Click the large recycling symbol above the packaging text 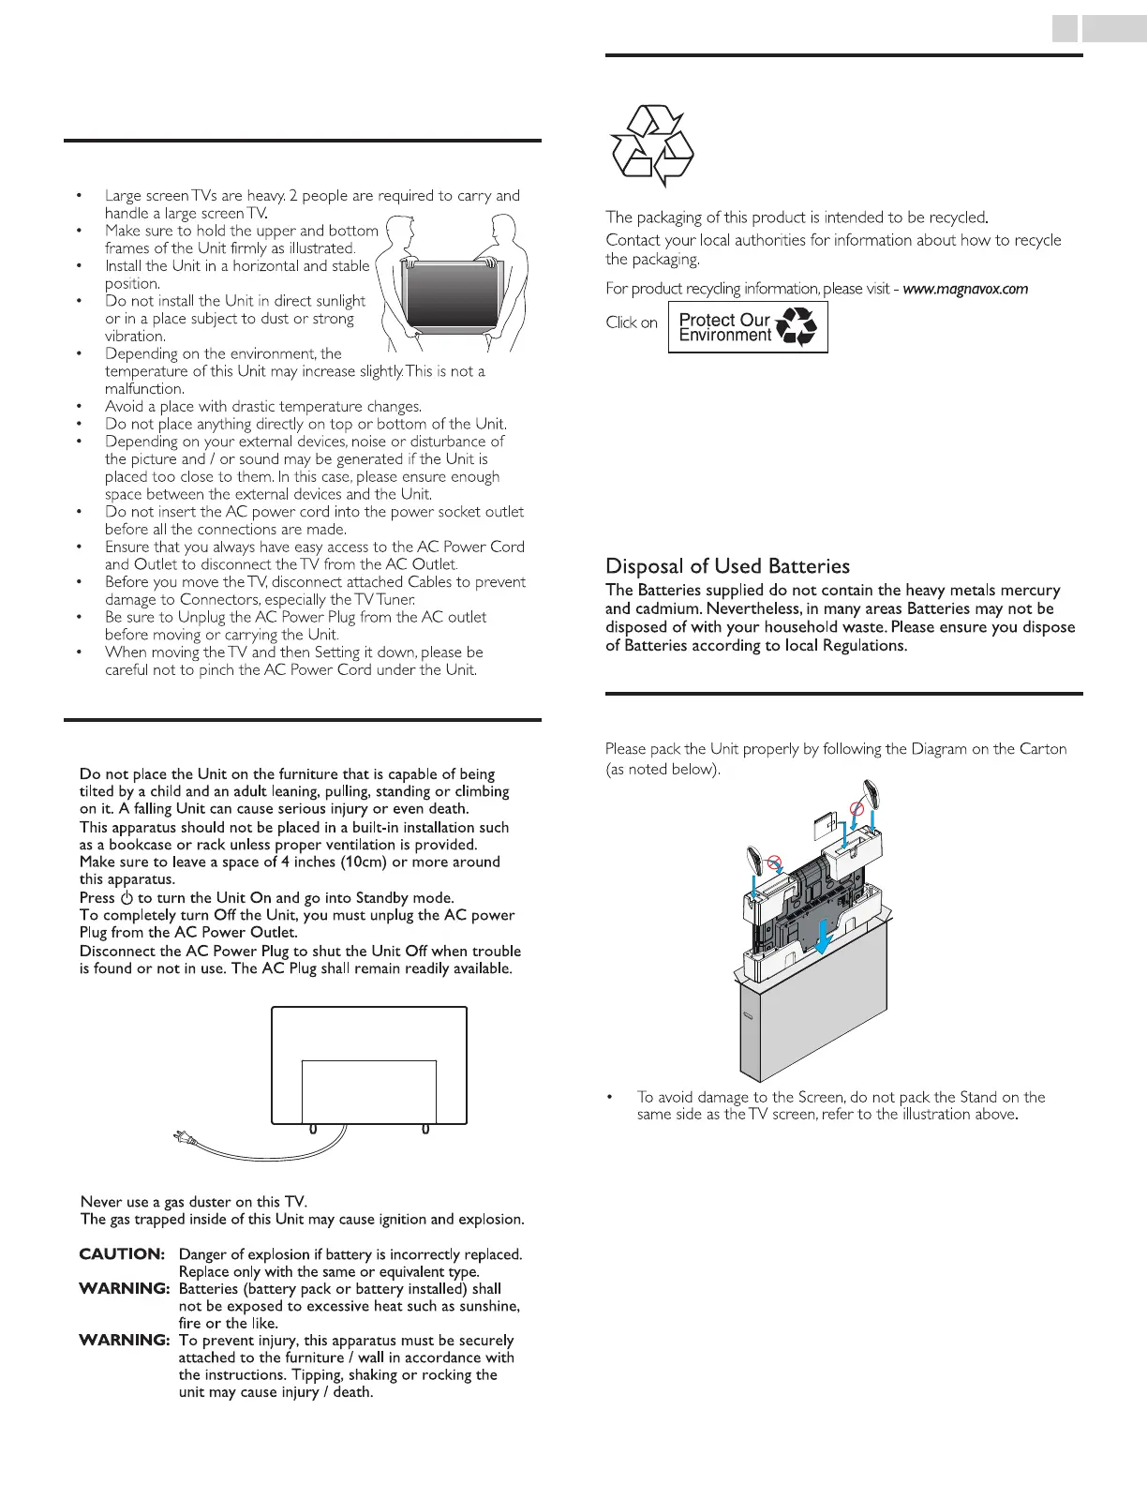pos(652,145)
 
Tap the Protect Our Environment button pos(748,327)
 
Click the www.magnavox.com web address pos(965,289)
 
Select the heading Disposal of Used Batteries pos(727,566)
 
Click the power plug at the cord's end pos(181,1138)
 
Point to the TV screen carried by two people pos(448,293)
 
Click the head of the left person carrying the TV pos(396,228)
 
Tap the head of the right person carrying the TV pos(505,226)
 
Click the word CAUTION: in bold pos(122,1254)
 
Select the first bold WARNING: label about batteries pos(125,1289)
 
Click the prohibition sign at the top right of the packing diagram pos(856,807)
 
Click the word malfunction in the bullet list pos(143,389)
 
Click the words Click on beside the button pos(632,322)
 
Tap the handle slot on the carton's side pos(748,1016)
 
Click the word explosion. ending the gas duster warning pos(491,1220)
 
